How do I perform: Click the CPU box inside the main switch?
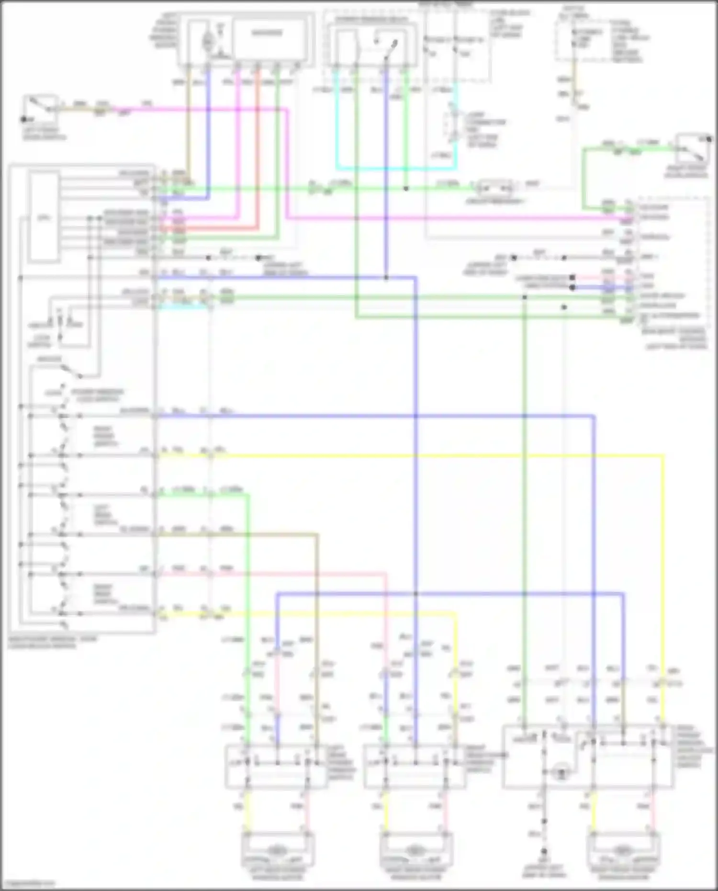[44, 218]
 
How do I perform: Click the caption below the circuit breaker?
[495, 202]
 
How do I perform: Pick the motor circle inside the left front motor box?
[207, 41]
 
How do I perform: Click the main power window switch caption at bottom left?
[53, 642]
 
